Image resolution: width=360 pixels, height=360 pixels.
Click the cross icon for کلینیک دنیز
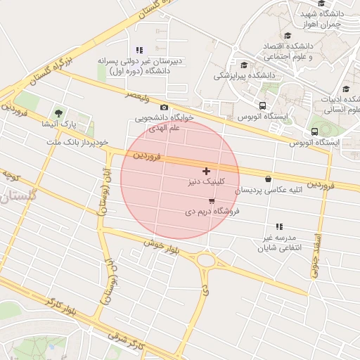[x=206, y=171]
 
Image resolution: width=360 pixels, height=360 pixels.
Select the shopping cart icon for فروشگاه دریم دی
[x=212, y=200]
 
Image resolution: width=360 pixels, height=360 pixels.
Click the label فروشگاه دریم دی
[x=212, y=210]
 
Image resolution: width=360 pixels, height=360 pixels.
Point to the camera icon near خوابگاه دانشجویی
[x=164, y=107]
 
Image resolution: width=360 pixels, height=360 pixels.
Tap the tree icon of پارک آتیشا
[x=58, y=113]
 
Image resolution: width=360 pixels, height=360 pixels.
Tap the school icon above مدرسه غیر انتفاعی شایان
[x=279, y=226]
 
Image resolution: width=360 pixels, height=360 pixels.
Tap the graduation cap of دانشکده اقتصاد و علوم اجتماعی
[x=288, y=35]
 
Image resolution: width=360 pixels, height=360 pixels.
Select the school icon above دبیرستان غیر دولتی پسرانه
[x=139, y=50]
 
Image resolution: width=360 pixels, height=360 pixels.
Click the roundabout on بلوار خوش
[x=207, y=261]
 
